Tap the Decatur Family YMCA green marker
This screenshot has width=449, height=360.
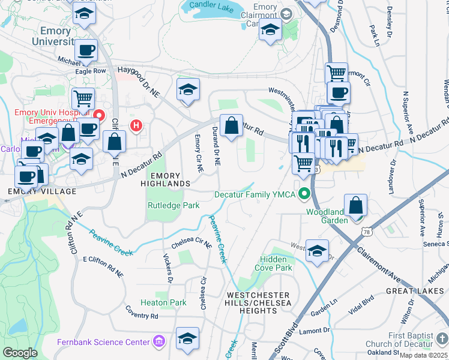pyautogui.click(x=305, y=194)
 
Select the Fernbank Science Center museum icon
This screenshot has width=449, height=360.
pyautogui.click(x=158, y=342)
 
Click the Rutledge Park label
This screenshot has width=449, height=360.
pyautogui.click(x=173, y=205)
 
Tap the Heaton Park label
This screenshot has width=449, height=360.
pyautogui.click(x=163, y=303)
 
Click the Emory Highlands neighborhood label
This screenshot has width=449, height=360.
pyautogui.click(x=169, y=178)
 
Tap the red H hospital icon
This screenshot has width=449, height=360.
pyautogui.click(x=137, y=125)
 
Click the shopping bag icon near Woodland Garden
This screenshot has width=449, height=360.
pyautogui.click(x=356, y=205)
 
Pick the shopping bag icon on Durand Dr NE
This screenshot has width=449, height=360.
pyautogui.click(x=231, y=126)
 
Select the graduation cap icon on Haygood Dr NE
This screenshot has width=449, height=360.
pyautogui.click(x=188, y=89)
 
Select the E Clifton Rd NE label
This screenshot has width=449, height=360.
pyautogui.click(x=103, y=266)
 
